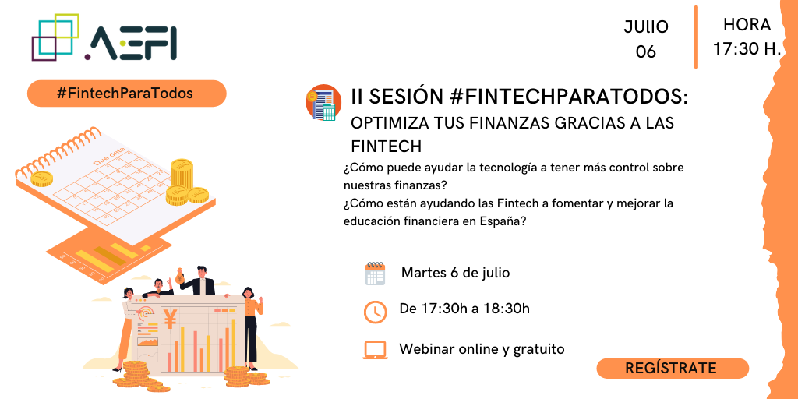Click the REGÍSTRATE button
672,369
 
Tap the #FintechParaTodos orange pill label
126,94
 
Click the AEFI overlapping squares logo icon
55,37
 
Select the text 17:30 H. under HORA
747,49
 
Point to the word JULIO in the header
646,27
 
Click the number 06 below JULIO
646,52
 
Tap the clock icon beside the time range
375,312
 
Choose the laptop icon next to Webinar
375,350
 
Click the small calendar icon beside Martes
375,274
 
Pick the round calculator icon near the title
323,102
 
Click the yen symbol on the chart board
170,319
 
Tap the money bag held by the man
179,277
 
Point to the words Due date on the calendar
109,156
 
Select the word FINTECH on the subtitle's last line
387,146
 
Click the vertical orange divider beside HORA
696,37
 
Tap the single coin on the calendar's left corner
42,178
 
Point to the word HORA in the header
747,24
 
